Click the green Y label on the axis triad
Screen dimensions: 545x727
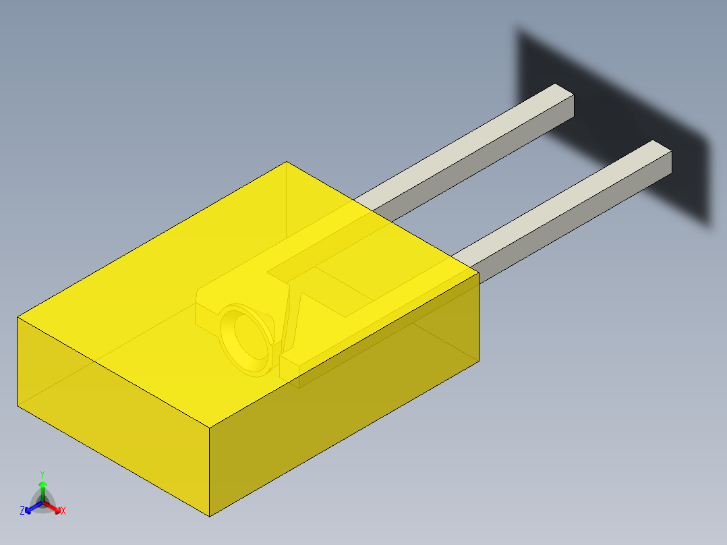click(42, 474)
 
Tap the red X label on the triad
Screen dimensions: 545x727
click(63, 511)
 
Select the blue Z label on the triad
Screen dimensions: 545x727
click(22, 511)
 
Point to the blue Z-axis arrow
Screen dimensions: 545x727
click(30, 508)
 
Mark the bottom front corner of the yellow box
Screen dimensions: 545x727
click(210, 516)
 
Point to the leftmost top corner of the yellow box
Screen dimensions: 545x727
click(18, 317)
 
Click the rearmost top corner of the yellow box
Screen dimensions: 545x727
click(287, 162)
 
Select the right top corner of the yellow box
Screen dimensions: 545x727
click(479, 272)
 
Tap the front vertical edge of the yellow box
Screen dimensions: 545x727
click(210, 472)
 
